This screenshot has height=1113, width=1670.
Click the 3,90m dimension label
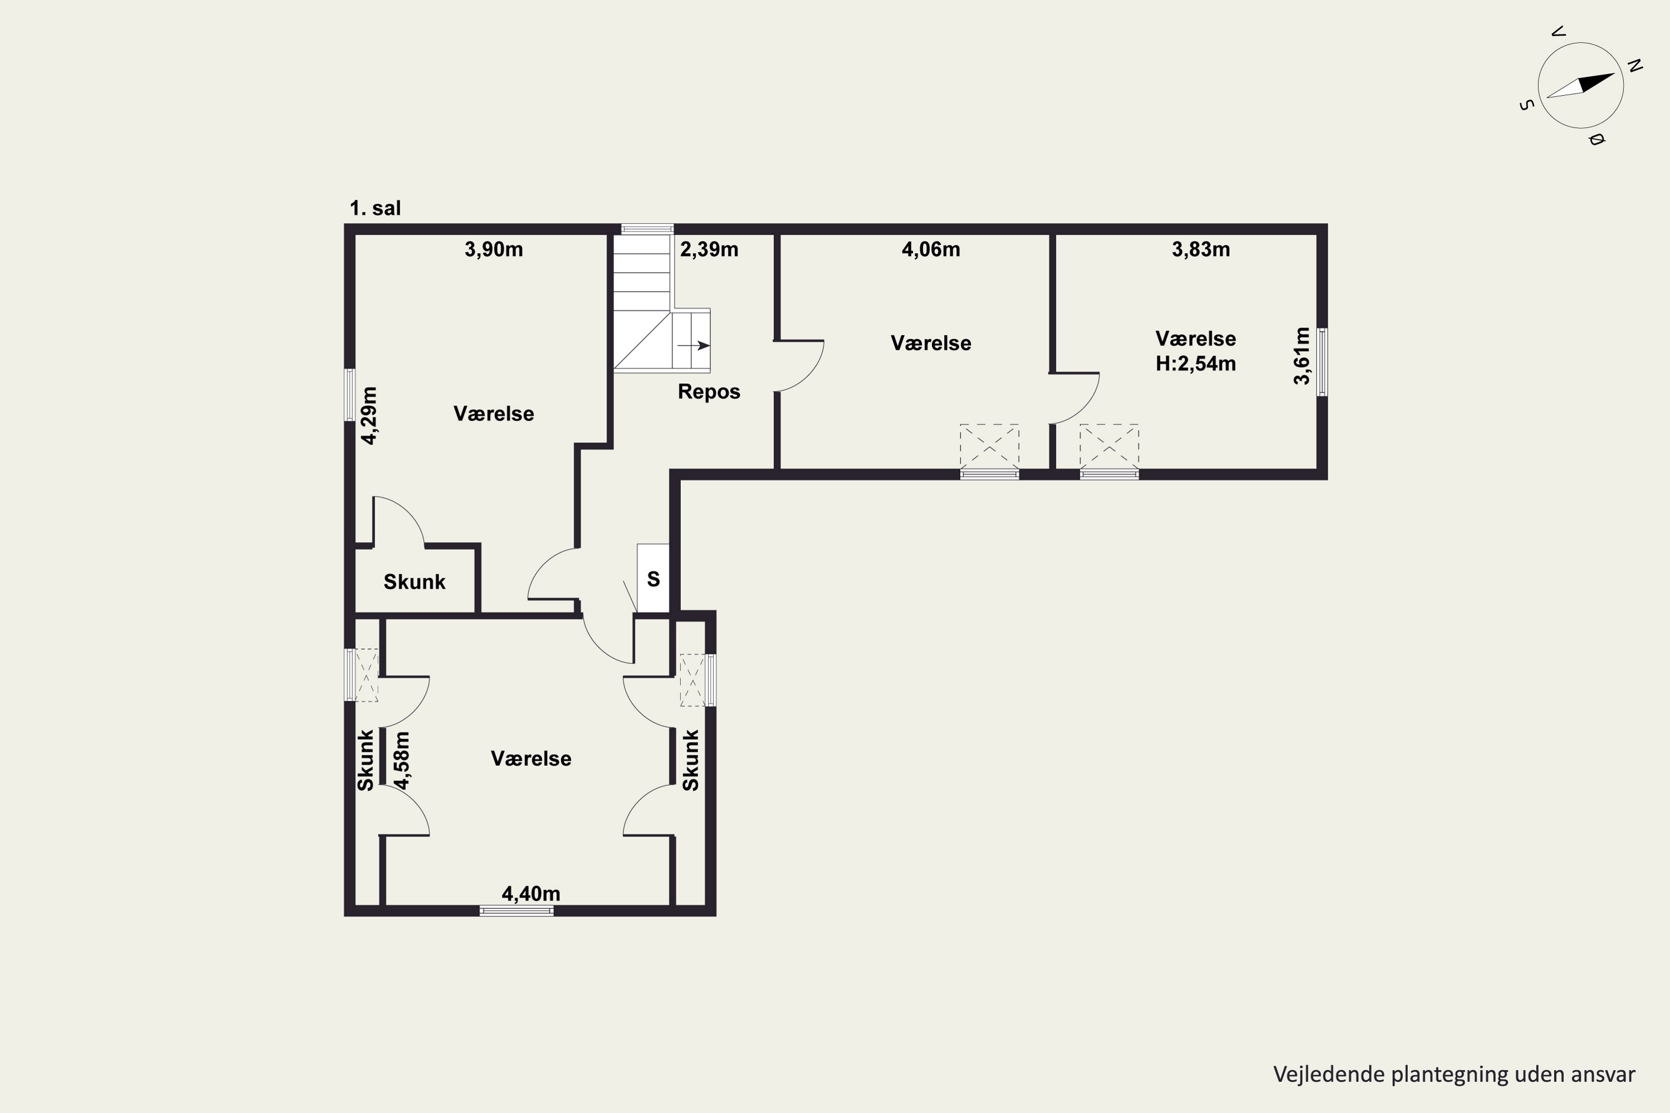(493, 250)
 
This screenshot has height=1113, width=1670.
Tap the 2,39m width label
(709, 250)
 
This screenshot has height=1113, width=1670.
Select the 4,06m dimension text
(930, 250)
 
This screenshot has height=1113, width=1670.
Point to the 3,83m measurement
(1201, 250)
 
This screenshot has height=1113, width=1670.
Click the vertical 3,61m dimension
(1301, 356)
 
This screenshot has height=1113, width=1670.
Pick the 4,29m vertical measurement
(369, 415)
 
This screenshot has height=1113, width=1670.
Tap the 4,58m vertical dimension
(402, 760)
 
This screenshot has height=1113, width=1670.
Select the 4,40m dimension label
(531, 894)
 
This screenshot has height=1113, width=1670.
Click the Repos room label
(709, 392)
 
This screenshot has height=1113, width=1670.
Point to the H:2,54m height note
(1196, 364)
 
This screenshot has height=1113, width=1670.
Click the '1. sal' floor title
(375, 209)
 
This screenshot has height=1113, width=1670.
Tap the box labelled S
(653, 578)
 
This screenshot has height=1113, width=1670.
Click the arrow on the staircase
(694, 346)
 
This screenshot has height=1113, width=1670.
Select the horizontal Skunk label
(414, 582)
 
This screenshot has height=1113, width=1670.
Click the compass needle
(1580, 85)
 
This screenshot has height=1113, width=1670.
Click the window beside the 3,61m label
(1322, 362)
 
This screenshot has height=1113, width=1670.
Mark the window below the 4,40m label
(516, 910)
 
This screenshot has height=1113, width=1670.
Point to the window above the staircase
(647, 229)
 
